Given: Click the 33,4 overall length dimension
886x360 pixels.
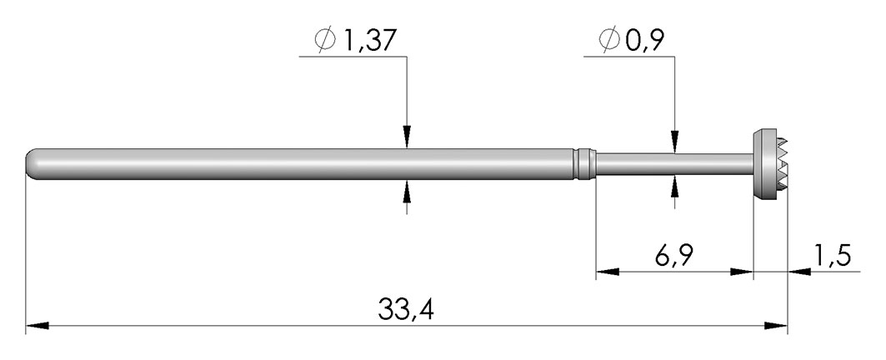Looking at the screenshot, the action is (406, 309).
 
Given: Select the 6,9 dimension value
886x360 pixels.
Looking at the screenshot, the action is (673, 256).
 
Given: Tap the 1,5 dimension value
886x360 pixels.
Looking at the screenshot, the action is (832, 256).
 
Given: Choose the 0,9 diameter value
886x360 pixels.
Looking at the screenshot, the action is (644, 41).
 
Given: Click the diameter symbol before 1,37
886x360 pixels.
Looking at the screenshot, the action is (325, 41).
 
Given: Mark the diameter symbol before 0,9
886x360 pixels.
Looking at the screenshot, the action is (609, 41).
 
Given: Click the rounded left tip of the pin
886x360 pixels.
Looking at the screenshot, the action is (31, 164).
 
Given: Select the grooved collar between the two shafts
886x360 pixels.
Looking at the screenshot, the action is (585, 164).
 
